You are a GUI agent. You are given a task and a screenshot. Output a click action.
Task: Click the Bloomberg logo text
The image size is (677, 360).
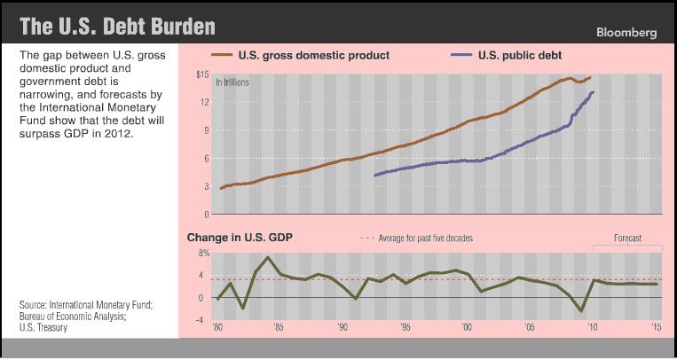[x=626, y=32]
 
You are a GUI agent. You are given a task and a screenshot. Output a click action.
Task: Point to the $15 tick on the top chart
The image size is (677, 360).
[x=202, y=74]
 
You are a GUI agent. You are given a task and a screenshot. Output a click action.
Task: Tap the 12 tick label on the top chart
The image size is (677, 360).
[x=205, y=102]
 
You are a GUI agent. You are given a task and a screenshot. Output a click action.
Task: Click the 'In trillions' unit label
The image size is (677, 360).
[x=232, y=82]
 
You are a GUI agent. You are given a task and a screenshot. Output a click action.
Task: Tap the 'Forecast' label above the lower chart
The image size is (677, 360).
[x=628, y=239]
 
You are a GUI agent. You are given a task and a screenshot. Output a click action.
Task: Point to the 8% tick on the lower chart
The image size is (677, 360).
[x=203, y=254]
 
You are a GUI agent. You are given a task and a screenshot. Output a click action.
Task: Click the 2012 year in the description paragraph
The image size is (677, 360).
[x=115, y=136]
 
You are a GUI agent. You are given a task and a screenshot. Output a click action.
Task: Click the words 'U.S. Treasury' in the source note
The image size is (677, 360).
[x=43, y=327]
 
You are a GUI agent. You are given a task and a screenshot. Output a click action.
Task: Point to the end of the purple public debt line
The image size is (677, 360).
[x=593, y=91]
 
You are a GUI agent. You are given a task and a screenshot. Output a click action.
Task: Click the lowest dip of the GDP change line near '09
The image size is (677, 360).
[x=581, y=311]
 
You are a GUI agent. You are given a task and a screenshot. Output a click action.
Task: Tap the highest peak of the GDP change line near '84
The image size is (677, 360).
[x=268, y=257]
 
